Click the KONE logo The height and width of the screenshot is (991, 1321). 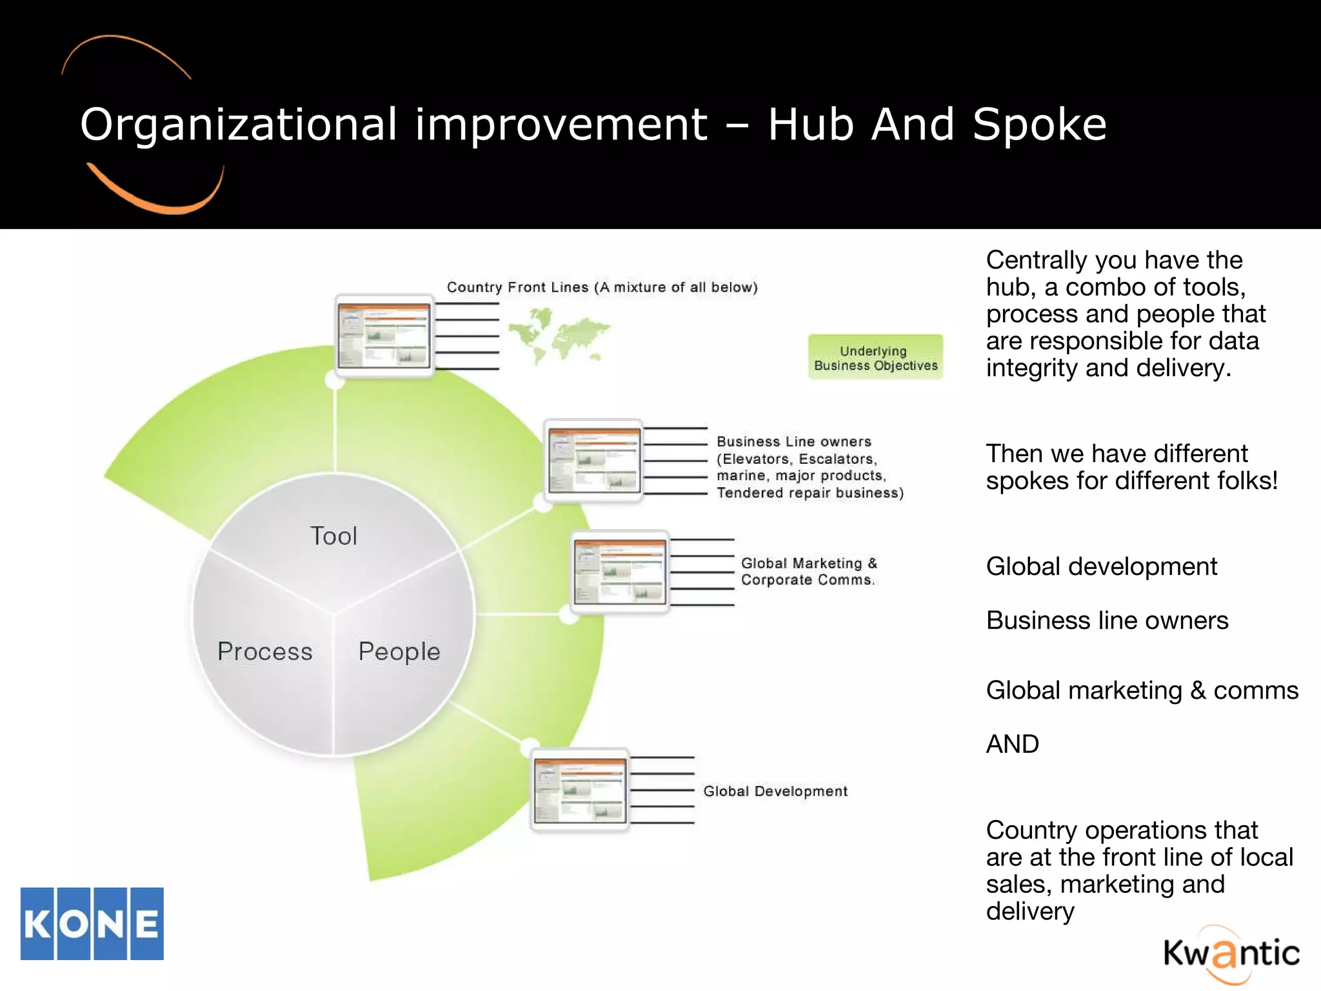[x=92, y=923]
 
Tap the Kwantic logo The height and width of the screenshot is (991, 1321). [x=1231, y=954]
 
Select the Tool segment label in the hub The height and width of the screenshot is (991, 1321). [x=333, y=536]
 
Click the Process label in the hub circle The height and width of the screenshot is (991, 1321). [x=265, y=652]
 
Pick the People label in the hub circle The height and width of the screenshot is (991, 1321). [x=399, y=652]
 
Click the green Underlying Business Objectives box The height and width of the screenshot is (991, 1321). [x=875, y=357]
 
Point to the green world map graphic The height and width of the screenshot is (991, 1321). [x=558, y=335]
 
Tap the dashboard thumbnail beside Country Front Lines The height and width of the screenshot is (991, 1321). [x=384, y=335]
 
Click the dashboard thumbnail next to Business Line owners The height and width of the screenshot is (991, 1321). [x=593, y=461]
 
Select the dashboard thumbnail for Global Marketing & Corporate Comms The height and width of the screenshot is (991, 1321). [x=620, y=572]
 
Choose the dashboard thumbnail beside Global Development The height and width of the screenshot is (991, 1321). [x=580, y=790]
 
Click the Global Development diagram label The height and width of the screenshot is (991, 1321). [x=775, y=791]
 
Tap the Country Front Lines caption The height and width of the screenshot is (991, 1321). [x=602, y=287]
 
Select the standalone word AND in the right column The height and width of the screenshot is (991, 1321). [x=1012, y=744]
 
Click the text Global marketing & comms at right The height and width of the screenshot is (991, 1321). [x=1142, y=690]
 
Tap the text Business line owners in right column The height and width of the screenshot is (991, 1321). [x=1107, y=620]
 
